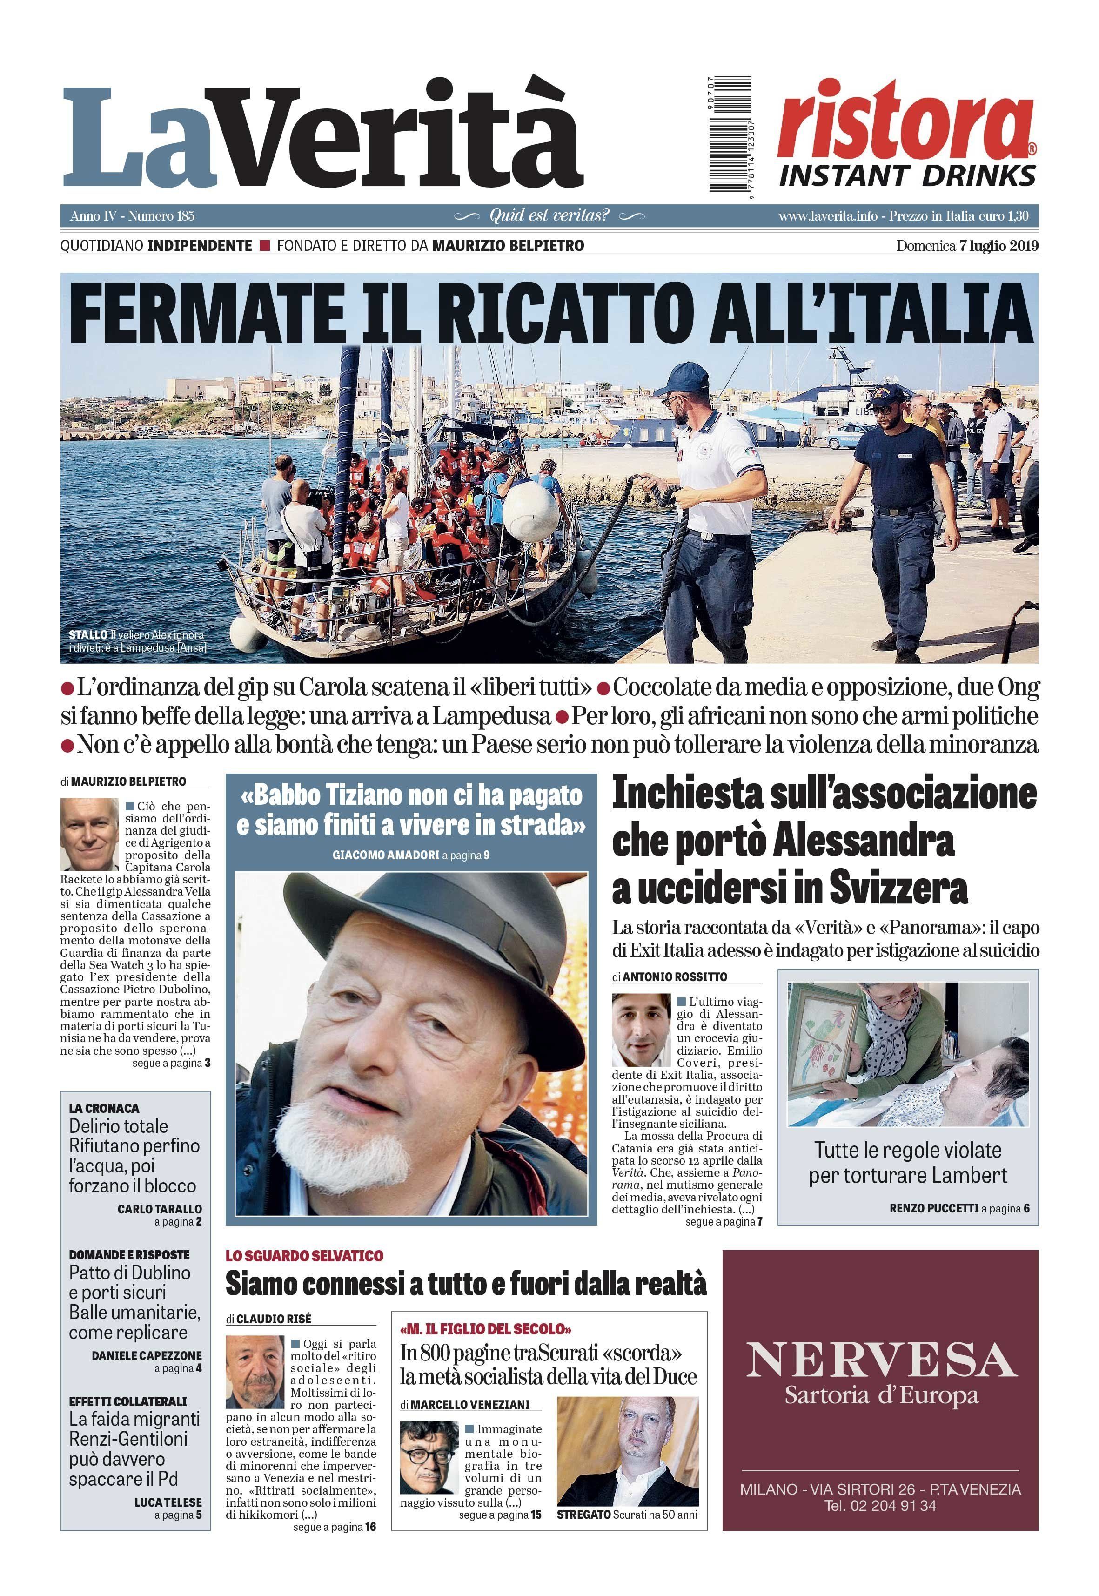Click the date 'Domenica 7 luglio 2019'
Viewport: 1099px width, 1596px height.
coord(967,246)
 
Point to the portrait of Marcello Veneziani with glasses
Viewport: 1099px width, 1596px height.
coord(429,1455)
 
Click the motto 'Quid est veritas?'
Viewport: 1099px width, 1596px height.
coord(549,215)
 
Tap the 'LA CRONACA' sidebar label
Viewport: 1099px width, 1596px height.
coord(104,1108)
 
